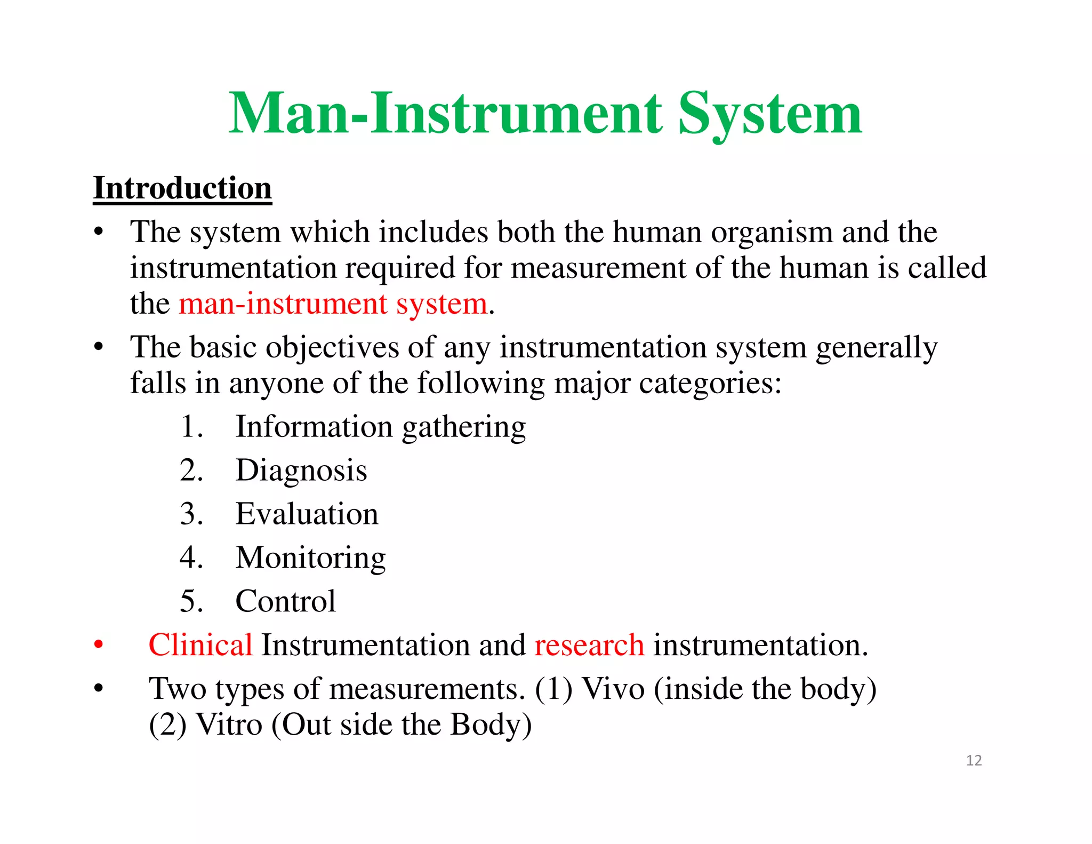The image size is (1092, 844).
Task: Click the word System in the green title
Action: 769,114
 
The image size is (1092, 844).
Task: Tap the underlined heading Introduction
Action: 182,188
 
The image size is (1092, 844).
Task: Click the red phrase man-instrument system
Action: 333,304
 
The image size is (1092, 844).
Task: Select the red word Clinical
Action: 200,644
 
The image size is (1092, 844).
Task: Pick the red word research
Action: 589,644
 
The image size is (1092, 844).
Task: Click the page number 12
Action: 974,760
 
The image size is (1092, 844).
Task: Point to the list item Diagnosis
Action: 301,471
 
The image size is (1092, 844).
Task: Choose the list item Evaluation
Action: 307,514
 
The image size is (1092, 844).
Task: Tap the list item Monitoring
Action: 310,558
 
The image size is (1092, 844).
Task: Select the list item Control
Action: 285,601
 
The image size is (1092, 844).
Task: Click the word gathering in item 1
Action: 464,427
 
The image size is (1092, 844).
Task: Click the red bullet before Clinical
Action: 98,644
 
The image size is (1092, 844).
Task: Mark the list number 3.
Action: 191,514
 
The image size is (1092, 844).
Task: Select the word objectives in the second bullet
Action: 332,347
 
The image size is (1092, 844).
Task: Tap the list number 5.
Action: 191,601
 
